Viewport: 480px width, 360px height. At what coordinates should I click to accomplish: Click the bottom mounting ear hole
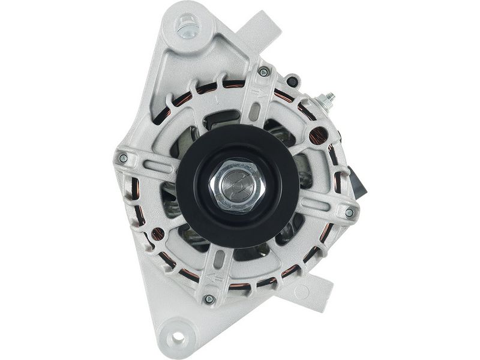[177, 337]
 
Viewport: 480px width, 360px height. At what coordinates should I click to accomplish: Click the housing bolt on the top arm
[263, 73]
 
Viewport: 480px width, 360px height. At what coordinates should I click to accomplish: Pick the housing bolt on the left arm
[123, 158]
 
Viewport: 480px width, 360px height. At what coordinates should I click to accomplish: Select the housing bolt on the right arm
[349, 212]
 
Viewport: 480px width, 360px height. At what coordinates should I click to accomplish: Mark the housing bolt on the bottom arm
[209, 298]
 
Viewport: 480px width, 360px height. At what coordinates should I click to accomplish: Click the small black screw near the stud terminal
[292, 81]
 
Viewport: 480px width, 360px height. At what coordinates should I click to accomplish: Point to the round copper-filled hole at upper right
[317, 135]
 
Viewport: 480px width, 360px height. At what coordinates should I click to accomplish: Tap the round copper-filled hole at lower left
[158, 234]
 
